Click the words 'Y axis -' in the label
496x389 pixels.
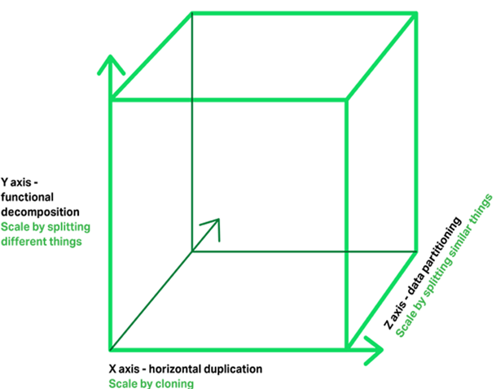point(20,182)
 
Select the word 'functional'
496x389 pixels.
point(27,197)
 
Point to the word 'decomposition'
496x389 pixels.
point(40,212)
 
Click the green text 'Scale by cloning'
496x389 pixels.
point(151,383)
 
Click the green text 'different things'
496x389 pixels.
point(42,242)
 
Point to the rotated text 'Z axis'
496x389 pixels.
point(395,316)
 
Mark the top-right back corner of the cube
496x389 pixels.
point(417,14)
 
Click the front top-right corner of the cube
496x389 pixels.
point(347,100)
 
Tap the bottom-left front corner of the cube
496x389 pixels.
point(111,349)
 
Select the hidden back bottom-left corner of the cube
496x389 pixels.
point(192,251)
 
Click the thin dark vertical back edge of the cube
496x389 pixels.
point(192,133)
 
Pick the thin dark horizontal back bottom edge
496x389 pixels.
point(305,251)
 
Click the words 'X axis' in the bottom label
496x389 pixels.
point(125,369)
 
